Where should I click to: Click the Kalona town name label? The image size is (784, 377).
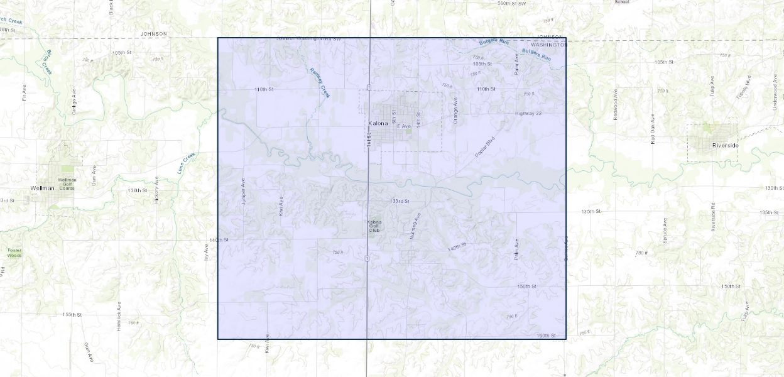click(x=378, y=124)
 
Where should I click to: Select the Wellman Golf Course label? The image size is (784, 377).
click(x=67, y=183)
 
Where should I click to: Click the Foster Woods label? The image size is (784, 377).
click(x=14, y=253)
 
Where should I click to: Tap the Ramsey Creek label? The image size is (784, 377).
click(x=320, y=82)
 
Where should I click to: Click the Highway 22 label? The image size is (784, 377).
click(x=528, y=113)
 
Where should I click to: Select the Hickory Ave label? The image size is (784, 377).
click(x=156, y=190)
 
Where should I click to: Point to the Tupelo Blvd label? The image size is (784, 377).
click(x=748, y=89)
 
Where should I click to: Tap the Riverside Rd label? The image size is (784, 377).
click(x=713, y=217)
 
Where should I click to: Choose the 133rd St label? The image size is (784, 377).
click(x=400, y=201)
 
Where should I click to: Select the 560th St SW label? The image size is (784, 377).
click(x=511, y=3)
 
